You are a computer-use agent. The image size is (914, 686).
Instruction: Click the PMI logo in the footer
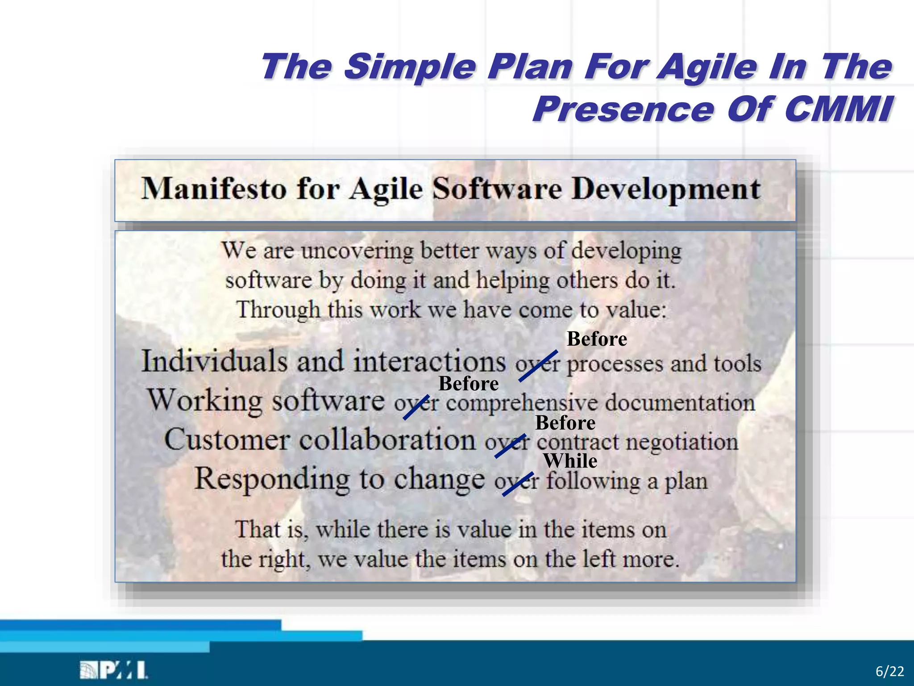coord(114,670)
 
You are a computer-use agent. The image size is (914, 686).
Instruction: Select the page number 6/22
coord(889,671)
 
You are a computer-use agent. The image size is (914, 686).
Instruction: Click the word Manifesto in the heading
coord(213,188)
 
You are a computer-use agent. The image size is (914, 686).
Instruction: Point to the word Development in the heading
coord(666,189)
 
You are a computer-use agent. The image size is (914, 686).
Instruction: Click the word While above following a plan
coord(570,461)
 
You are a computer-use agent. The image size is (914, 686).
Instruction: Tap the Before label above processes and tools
coord(597,339)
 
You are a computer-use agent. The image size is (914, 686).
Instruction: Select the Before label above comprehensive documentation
coord(469,384)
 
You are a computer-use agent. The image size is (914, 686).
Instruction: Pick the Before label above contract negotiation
coord(565,422)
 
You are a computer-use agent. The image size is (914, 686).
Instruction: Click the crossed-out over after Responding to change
coord(516,482)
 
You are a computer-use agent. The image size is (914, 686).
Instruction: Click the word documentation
coord(680,402)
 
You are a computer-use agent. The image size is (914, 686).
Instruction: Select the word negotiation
coord(681,442)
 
